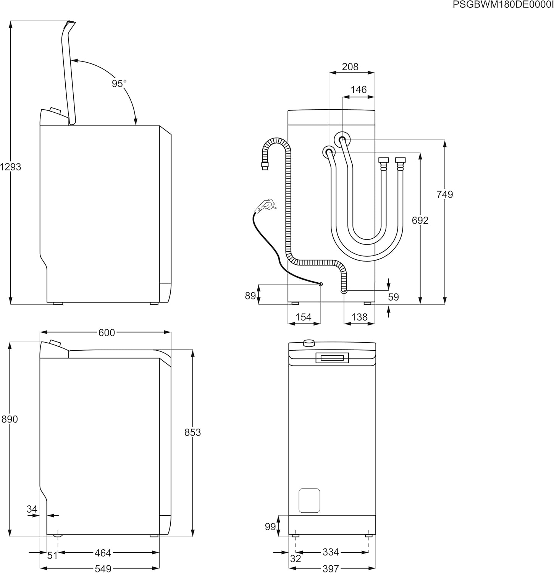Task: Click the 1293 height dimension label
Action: click(10, 167)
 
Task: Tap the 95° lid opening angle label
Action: click(119, 84)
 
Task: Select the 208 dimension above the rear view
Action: click(350, 67)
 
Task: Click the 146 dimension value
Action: click(359, 90)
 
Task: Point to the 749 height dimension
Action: click(444, 194)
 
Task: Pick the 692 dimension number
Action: click(420, 220)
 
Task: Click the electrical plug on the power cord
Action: click(265, 205)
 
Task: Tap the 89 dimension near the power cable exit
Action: click(250, 296)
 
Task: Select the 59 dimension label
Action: click(393, 297)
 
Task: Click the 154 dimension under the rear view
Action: click(304, 317)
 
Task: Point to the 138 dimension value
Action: click(359, 317)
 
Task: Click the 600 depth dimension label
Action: click(107, 333)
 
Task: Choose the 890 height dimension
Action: click(10, 419)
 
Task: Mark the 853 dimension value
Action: click(192, 432)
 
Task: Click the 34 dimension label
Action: click(32, 509)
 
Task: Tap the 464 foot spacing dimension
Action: click(103, 553)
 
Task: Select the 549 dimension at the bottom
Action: click(103, 568)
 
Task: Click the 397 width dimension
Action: click(331, 568)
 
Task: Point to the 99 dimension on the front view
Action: click(270, 527)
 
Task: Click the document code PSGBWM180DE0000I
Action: click(502, 5)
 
